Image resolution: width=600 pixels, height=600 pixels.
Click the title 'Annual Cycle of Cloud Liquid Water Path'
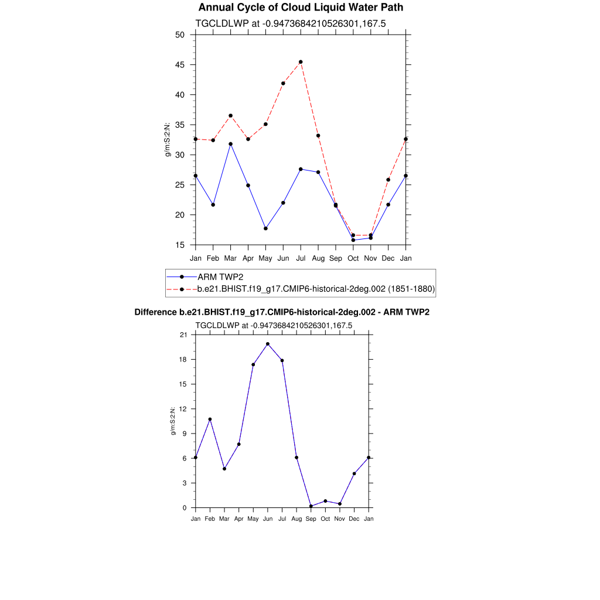(301, 8)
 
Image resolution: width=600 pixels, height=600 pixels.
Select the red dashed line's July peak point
(301, 62)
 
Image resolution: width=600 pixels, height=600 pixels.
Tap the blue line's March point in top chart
(230, 144)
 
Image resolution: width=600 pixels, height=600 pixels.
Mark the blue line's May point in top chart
(265, 229)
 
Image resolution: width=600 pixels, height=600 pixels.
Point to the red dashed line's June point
(283, 83)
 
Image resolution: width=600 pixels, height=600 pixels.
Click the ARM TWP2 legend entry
(220, 277)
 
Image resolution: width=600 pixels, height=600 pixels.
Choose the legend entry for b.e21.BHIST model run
(316, 289)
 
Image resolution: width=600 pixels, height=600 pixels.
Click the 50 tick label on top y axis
(180, 35)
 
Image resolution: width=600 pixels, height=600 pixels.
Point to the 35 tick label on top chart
(180, 125)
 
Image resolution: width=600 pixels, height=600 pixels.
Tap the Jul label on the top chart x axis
(301, 258)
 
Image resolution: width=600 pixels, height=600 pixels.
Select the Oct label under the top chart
(353, 258)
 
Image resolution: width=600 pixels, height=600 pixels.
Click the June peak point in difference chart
(268, 344)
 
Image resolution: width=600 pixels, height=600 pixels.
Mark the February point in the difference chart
(210, 419)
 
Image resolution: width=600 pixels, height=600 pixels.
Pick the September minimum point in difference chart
(311, 506)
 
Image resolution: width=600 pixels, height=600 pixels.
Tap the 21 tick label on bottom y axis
(183, 335)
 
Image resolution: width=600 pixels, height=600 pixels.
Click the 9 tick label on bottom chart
(185, 434)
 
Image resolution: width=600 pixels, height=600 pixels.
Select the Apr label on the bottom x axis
(238, 519)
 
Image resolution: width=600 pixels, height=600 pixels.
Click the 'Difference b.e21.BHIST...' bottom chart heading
(282, 312)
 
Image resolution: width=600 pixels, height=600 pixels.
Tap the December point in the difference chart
(354, 473)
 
